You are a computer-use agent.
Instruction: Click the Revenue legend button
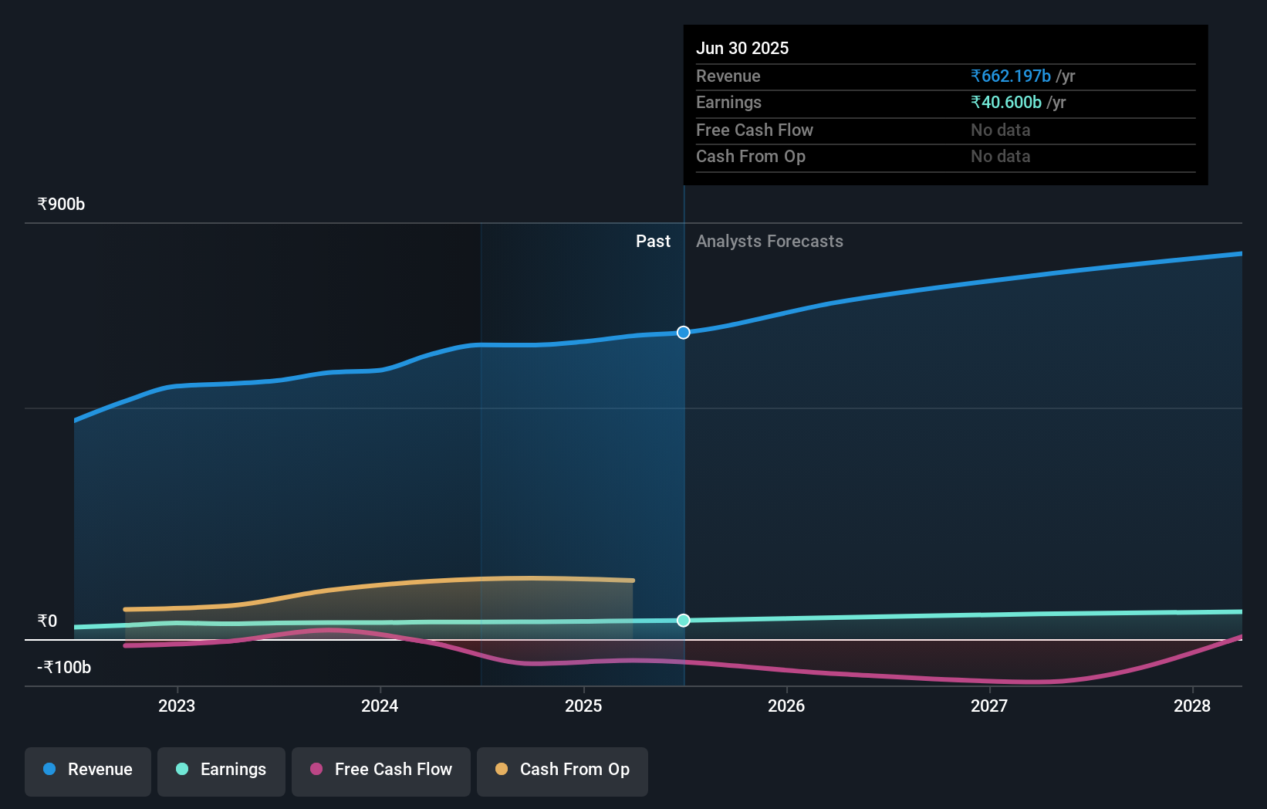pyautogui.click(x=88, y=770)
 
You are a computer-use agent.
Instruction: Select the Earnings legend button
pyautogui.click(x=221, y=770)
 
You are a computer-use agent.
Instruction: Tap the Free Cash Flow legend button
pyautogui.click(x=381, y=770)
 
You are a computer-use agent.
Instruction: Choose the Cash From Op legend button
pyautogui.click(x=563, y=770)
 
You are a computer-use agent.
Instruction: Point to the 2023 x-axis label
pyautogui.click(x=177, y=706)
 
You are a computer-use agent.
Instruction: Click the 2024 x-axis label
pyautogui.click(x=380, y=706)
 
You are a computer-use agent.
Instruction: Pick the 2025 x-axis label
pyautogui.click(x=583, y=706)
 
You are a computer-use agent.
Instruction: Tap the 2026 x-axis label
pyautogui.click(x=786, y=706)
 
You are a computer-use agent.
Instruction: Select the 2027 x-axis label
pyautogui.click(x=989, y=706)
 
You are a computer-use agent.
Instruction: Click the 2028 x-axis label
pyautogui.click(x=1192, y=706)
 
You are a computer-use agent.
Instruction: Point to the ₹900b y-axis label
pyautogui.click(x=61, y=205)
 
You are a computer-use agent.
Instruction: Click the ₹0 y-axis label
pyautogui.click(x=47, y=621)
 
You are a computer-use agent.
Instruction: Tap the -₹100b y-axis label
pyautogui.click(x=64, y=668)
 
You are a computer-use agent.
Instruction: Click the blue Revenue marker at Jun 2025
pyautogui.click(x=684, y=333)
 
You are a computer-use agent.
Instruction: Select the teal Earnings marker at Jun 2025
pyautogui.click(x=684, y=621)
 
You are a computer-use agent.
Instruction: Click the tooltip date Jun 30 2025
pyautogui.click(x=742, y=48)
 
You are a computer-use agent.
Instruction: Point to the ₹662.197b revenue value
pyautogui.click(x=1011, y=76)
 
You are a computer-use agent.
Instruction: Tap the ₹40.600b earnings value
pyautogui.click(x=1006, y=103)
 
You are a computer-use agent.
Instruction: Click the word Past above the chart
pyautogui.click(x=653, y=242)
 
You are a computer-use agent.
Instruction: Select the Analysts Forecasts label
pyautogui.click(x=769, y=242)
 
